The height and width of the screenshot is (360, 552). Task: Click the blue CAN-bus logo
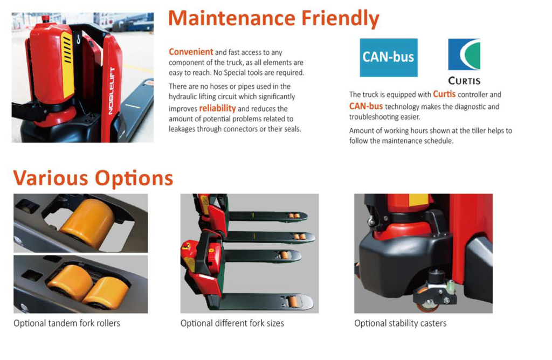(388, 57)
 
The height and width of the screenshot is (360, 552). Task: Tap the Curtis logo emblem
(464, 54)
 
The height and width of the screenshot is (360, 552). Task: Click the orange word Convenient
(191, 52)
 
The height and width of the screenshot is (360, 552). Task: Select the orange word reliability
(217, 108)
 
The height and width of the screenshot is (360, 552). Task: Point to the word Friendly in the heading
(340, 18)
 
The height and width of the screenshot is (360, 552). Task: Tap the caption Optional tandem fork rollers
(67, 323)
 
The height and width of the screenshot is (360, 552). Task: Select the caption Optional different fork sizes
(232, 323)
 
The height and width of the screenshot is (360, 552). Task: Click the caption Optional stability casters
(401, 323)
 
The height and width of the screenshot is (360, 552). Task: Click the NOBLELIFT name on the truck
(111, 91)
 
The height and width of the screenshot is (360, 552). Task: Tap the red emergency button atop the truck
(45, 18)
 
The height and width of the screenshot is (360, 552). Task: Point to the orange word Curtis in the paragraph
(444, 94)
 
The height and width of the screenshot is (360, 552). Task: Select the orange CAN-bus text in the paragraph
(366, 106)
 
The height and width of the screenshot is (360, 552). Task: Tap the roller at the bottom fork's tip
(293, 302)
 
